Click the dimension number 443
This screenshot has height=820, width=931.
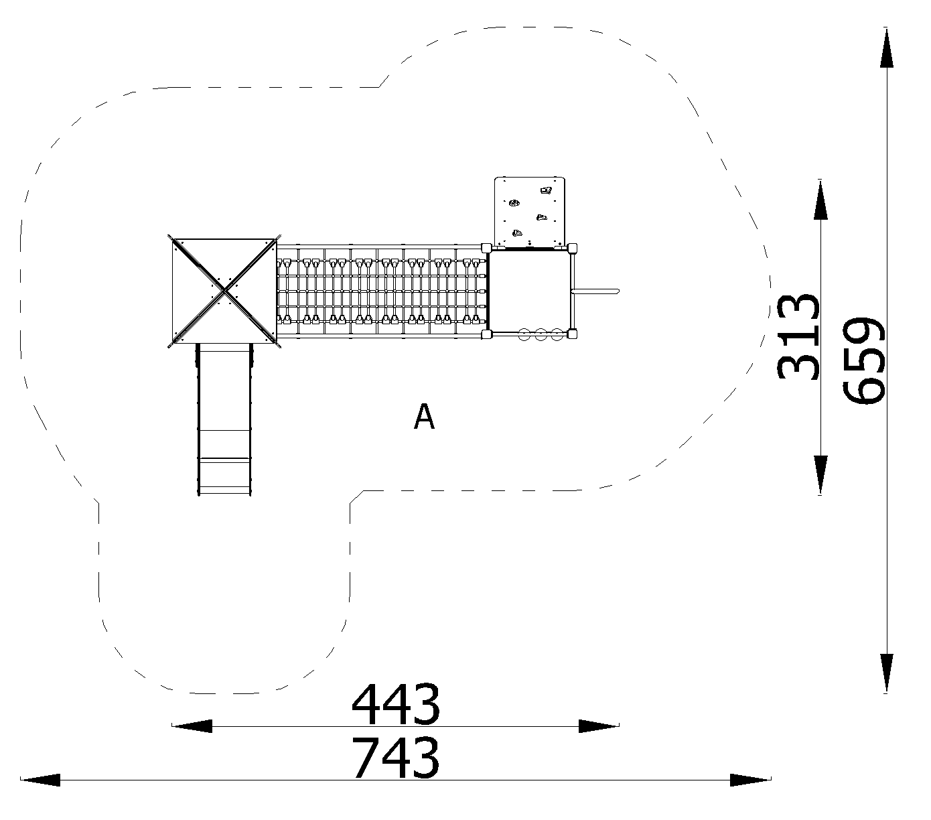click(396, 705)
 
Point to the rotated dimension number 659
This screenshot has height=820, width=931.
click(864, 361)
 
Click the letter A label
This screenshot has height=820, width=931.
click(424, 417)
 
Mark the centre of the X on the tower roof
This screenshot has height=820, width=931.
click(224, 291)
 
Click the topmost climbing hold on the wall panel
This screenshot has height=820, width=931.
click(546, 190)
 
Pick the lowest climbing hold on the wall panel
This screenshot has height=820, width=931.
click(518, 234)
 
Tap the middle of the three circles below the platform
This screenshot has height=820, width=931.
click(541, 334)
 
